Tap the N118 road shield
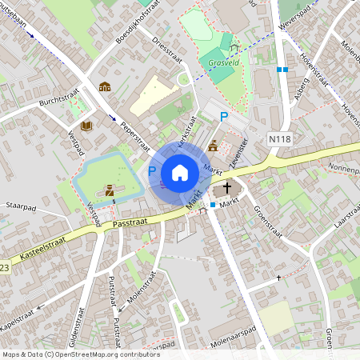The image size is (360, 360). [x=278, y=138]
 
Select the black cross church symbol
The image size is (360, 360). [x=227, y=189]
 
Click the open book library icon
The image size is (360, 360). [x=86, y=126]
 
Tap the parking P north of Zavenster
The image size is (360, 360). [x=225, y=117]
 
